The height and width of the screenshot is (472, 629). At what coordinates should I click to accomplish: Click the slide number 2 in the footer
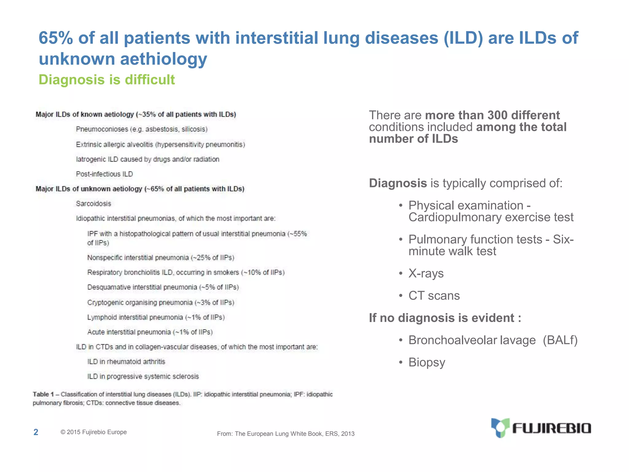[x=36, y=432]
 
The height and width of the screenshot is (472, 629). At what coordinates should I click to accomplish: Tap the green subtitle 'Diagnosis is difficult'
[x=107, y=80]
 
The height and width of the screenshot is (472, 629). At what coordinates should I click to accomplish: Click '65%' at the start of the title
[x=56, y=38]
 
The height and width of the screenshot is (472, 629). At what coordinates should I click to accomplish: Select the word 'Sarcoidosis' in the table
[x=93, y=203]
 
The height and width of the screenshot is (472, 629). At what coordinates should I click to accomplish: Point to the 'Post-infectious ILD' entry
[x=104, y=174]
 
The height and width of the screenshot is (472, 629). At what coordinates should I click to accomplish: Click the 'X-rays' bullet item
[x=426, y=273]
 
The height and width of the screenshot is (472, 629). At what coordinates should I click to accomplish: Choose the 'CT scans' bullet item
[x=434, y=296]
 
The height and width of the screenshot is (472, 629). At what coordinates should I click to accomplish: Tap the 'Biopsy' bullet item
[x=427, y=362]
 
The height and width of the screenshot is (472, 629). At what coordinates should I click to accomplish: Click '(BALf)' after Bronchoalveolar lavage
[x=560, y=340]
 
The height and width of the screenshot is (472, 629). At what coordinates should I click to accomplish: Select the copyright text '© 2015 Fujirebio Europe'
[x=94, y=432]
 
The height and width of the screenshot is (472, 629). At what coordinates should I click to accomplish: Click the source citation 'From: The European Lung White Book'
[x=286, y=434]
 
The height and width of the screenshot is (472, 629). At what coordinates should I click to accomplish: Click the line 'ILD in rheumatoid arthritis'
[x=126, y=362]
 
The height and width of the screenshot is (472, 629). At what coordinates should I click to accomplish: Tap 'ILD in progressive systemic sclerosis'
[x=143, y=376]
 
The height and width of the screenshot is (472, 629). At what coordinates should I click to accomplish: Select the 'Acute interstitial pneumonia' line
[x=150, y=332]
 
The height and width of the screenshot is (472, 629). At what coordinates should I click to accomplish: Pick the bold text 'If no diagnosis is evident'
[x=445, y=318]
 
